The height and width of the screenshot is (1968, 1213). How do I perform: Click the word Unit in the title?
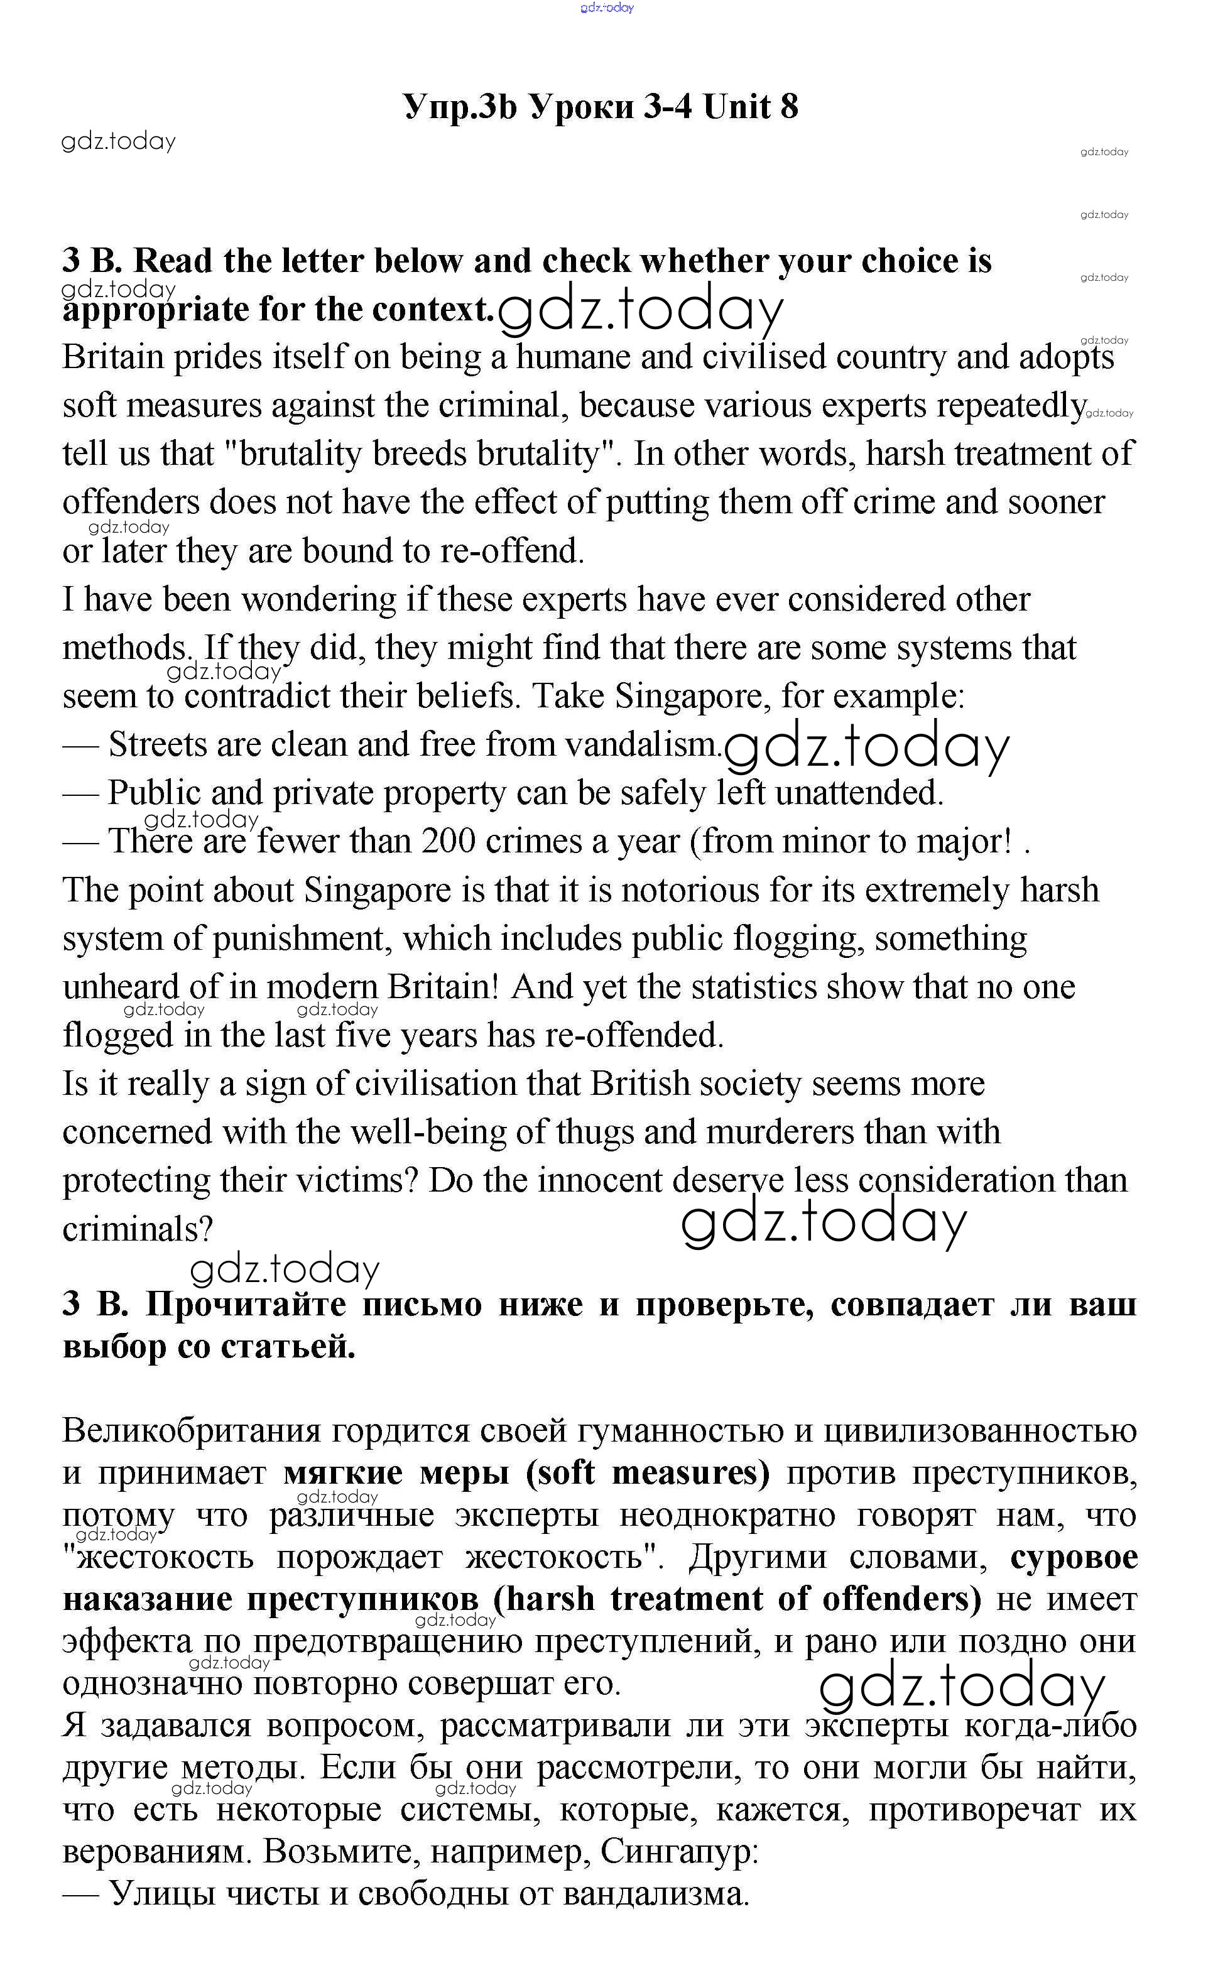click(x=737, y=107)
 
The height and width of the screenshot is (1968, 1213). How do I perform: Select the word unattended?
click(x=857, y=793)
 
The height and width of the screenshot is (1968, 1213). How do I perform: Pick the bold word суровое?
click(x=1074, y=1557)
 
